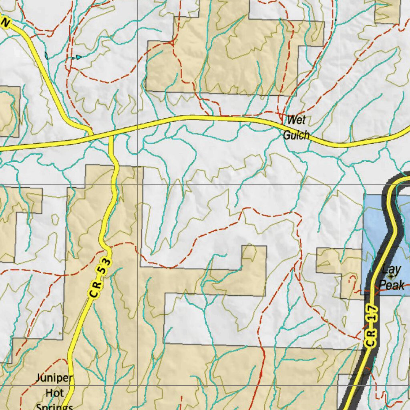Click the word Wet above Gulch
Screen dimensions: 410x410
coord(296,120)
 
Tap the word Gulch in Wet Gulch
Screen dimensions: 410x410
coord(296,135)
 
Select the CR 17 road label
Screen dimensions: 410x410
coord(371,326)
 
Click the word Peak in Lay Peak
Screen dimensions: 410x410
coord(392,285)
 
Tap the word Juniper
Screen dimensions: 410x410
coord(54,378)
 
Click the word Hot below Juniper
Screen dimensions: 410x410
coord(54,393)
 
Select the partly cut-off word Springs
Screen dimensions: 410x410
coord(54,406)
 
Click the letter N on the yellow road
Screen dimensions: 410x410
coord(5,23)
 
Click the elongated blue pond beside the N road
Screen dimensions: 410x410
coord(46,56)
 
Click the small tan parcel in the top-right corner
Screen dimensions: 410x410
coord(387,11)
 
